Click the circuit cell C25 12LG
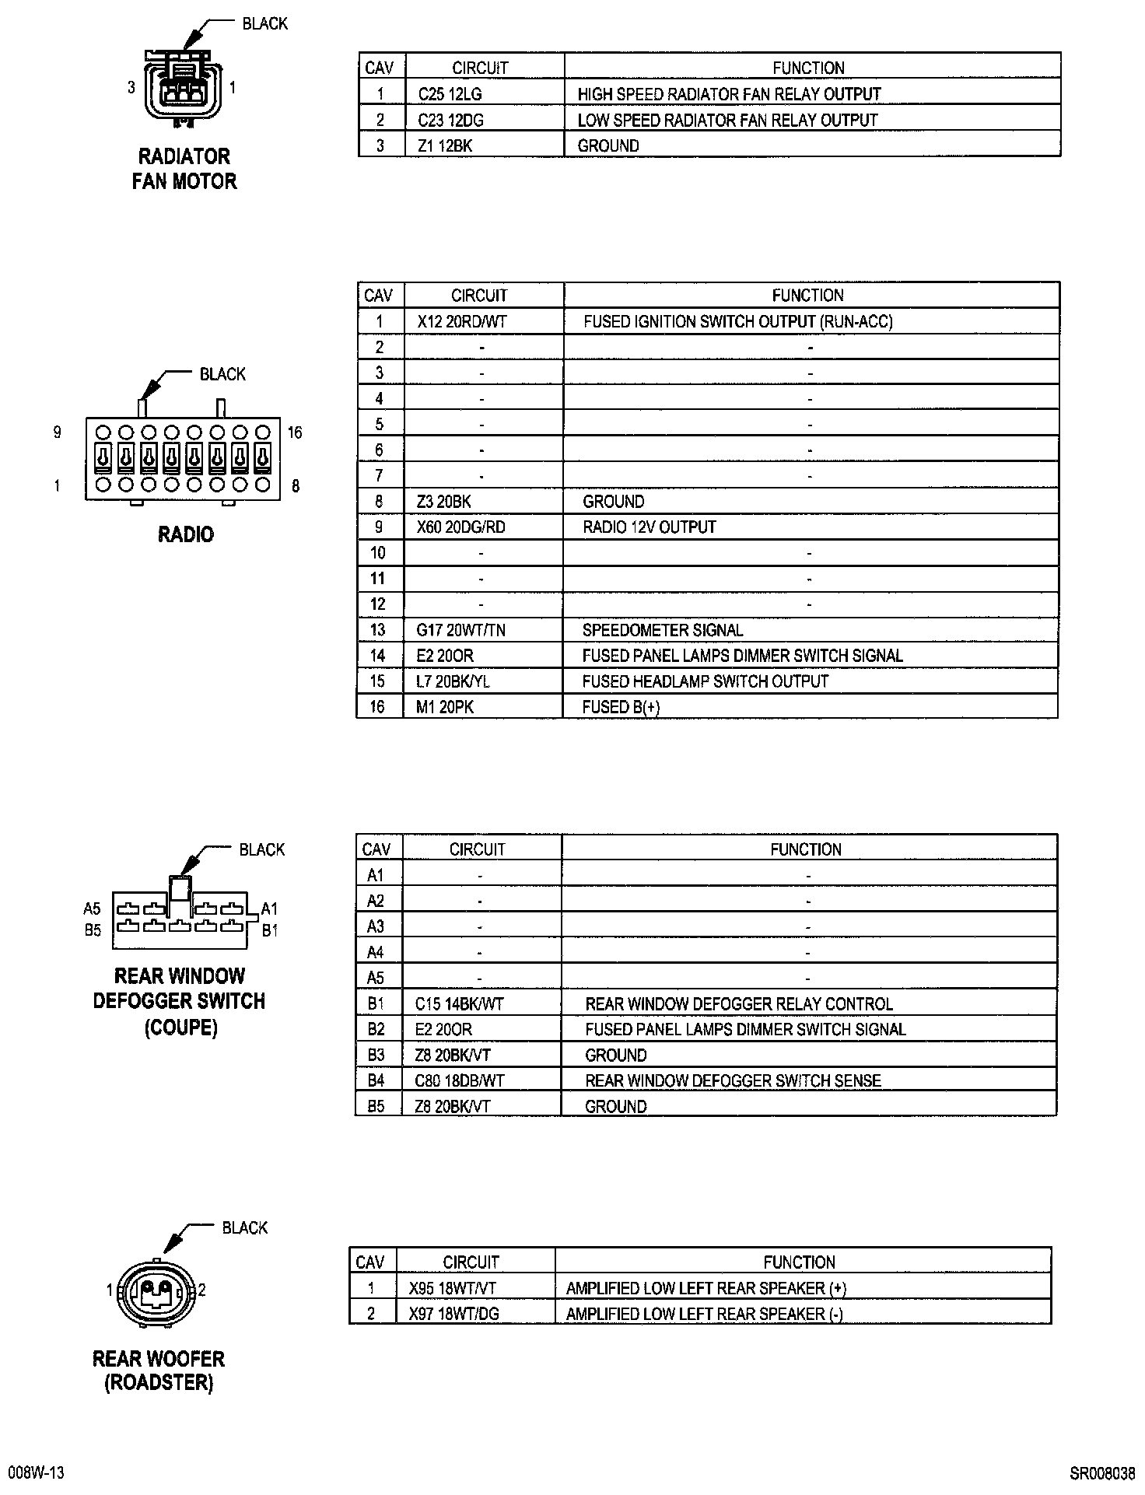pos(450,94)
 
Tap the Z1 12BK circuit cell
pos(445,146)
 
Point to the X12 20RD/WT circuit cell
pos(462,321)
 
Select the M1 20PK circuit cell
pos(445,707)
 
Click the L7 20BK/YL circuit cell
pos(453,681)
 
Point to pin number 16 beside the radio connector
pos(295,432)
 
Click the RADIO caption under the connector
pos(186,534)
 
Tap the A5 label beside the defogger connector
pos(93,909)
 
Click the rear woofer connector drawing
pos(156,1292)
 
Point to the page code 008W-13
pos(35,1473)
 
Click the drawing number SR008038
pos(1102,1473)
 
